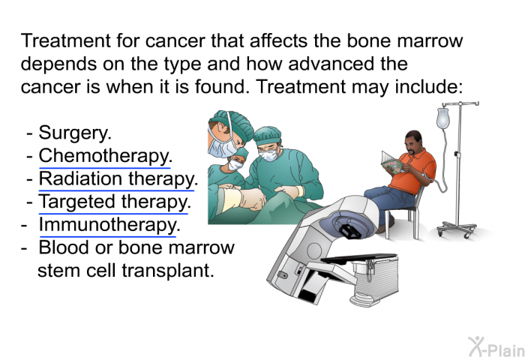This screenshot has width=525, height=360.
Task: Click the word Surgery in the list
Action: pyautogui.click(x=73, y=133)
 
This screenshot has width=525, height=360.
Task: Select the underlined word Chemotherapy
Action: pyautogui.click(x=103, y=157)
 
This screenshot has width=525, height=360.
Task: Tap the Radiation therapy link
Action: pyautogui.click(x=116, y=179)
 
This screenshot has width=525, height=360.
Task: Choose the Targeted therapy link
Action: pyautogui.click(x=113, y=202)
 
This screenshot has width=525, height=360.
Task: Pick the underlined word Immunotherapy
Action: pyautogui.click(x=107, y=225)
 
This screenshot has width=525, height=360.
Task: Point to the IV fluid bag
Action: pyautogui.click(x=442, y=118)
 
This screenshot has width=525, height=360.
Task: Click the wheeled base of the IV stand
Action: pyautogui.click(x=457, y=229)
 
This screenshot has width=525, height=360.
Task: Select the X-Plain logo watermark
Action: pyautogui.click(x=496, y=346)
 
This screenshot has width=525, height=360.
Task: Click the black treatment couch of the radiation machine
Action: pyautogui.click(x=359, y=257)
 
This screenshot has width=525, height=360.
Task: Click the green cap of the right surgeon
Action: pyautogui.click(x=267, y=134)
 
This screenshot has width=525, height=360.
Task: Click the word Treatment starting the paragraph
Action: pyautogui.click(x=66, y=40)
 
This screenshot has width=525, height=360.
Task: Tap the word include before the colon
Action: pyautogui.click(x=428, y=86)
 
